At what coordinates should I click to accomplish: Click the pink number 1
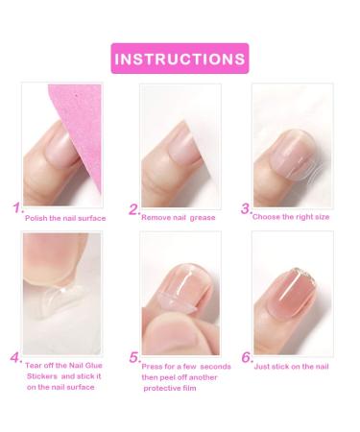tap(17, 208)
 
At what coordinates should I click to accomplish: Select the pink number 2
tap(133, 209)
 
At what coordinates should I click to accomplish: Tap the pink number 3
tap(246, 208)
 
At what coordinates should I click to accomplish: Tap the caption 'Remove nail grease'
tap(180, 218)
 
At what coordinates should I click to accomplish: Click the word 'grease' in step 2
tap(201, 218)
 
